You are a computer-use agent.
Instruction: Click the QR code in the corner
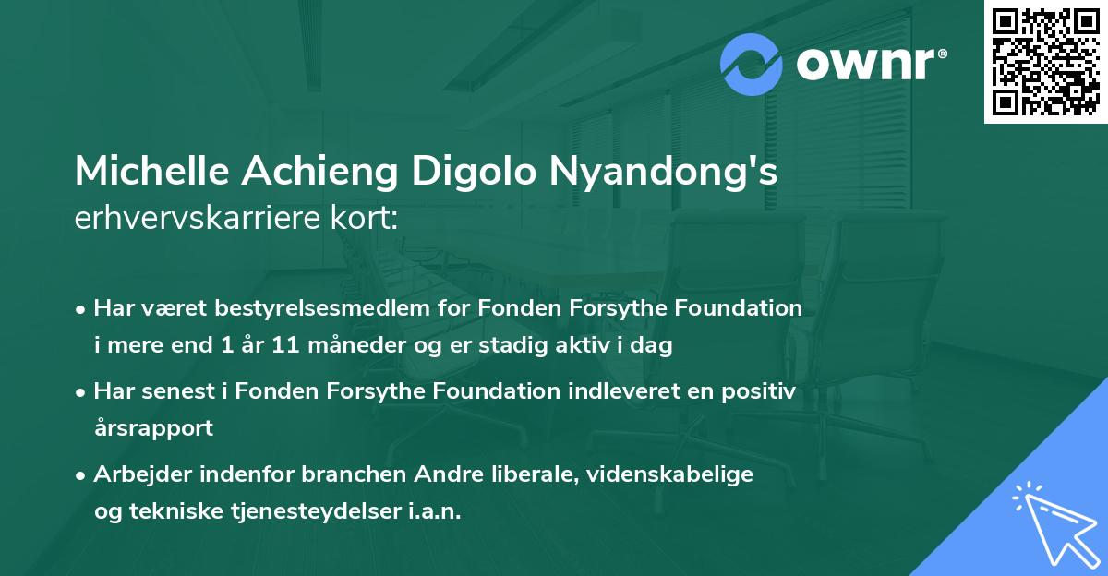(x=1045, y=62)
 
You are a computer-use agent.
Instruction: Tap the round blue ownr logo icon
(x=752, y=65)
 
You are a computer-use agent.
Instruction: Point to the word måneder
(x=340, y=346)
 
